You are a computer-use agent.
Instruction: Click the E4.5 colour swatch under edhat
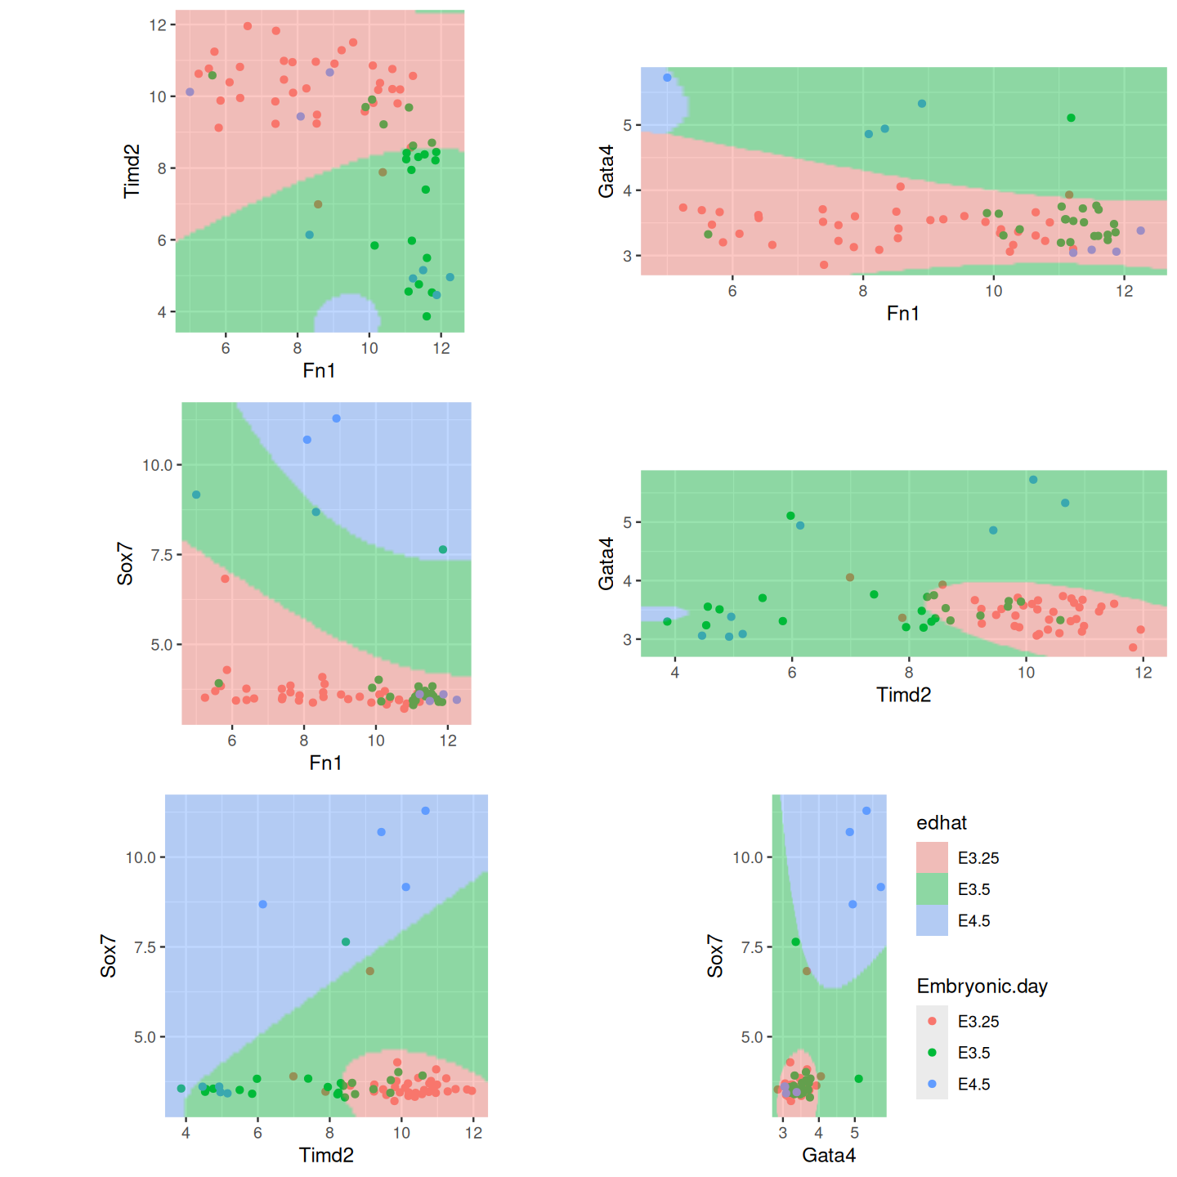click(932, 920)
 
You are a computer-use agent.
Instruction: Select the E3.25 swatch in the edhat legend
click(932, 857)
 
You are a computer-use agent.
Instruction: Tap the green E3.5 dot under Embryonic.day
click(932, 1053)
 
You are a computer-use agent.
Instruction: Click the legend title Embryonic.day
click(982, 987)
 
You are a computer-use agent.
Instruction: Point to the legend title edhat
click(942, 823)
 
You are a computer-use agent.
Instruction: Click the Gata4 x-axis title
click(829, 1155)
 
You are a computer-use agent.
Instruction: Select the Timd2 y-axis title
click(132, 171)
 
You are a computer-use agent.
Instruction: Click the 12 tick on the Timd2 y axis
click(158, 25)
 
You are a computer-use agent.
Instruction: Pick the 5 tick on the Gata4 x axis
click(854, 1133)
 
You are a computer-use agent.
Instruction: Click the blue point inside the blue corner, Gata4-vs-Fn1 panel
click(667, 78)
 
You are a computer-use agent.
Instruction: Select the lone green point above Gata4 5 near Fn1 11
click(1071, 118)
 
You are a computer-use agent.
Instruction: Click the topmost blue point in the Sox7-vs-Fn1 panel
click(336, 418)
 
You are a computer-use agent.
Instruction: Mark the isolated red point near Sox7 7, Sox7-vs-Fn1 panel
click(226, 579)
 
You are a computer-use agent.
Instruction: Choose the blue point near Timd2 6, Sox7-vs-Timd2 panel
click(262, 904)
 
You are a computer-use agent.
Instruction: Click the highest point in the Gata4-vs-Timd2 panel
click(1033, 480)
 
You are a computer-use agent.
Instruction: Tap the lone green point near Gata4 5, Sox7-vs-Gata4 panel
click(858, 1079)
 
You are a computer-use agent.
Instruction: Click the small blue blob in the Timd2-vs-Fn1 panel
click(347, 314)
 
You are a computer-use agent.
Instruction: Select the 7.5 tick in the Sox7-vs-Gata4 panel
click(751, 947)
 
